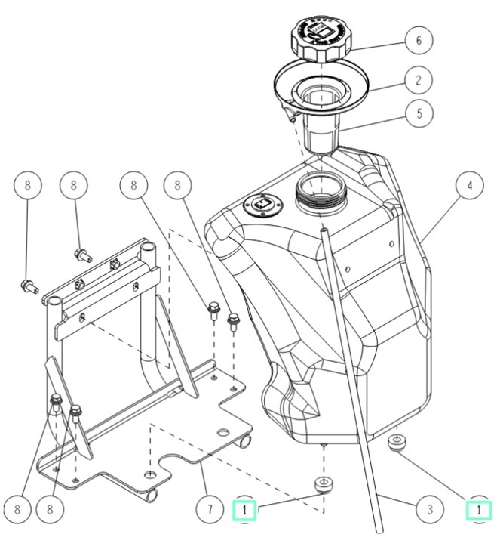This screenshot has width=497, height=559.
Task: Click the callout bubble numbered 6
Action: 419,40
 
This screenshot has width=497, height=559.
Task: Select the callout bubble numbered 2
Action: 419,79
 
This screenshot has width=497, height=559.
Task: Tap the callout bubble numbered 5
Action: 419,114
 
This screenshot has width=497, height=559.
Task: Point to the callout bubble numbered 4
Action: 469,185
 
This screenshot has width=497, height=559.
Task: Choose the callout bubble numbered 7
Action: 210,510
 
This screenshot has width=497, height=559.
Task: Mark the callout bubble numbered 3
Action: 429,510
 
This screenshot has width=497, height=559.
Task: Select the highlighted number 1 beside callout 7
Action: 244,511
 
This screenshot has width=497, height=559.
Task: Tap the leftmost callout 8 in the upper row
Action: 28,185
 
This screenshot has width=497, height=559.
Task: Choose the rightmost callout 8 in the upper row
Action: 177,185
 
